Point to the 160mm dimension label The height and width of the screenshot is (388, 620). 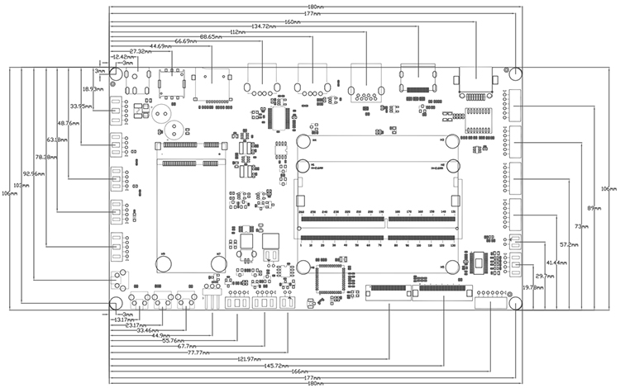[x=291, y=21]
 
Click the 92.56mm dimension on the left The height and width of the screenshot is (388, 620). [x=34, y=174]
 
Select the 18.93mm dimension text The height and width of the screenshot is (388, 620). [x=93, y=88]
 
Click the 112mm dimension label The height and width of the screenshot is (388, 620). [x=237, y=31]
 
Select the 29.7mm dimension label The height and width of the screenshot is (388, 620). [x=545, y=276]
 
